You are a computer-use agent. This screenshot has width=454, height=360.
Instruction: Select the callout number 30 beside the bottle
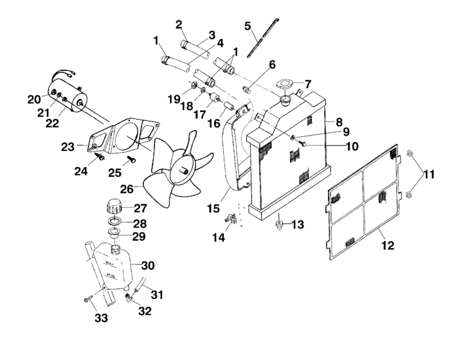[x=147, y=265]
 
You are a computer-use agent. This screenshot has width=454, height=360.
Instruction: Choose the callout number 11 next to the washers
[x=428, y=174]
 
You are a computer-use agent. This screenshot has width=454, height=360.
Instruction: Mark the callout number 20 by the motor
[x=33, y=100]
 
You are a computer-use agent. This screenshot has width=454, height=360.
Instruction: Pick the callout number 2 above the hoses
[x=179, y=24]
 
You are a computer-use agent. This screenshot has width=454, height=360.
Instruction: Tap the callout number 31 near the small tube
[x=157, y=295]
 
